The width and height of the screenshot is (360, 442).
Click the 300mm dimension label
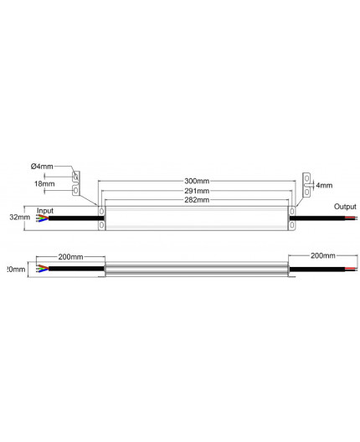(198, 180)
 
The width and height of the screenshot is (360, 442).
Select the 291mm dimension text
(198, 190)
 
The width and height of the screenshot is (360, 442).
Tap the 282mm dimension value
(198, 200)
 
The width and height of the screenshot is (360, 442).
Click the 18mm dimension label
(44, 183)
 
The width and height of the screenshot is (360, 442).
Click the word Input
(45, 211)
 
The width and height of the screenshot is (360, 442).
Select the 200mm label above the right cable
(323, 254)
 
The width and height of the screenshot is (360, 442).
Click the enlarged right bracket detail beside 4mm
(306, 185)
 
